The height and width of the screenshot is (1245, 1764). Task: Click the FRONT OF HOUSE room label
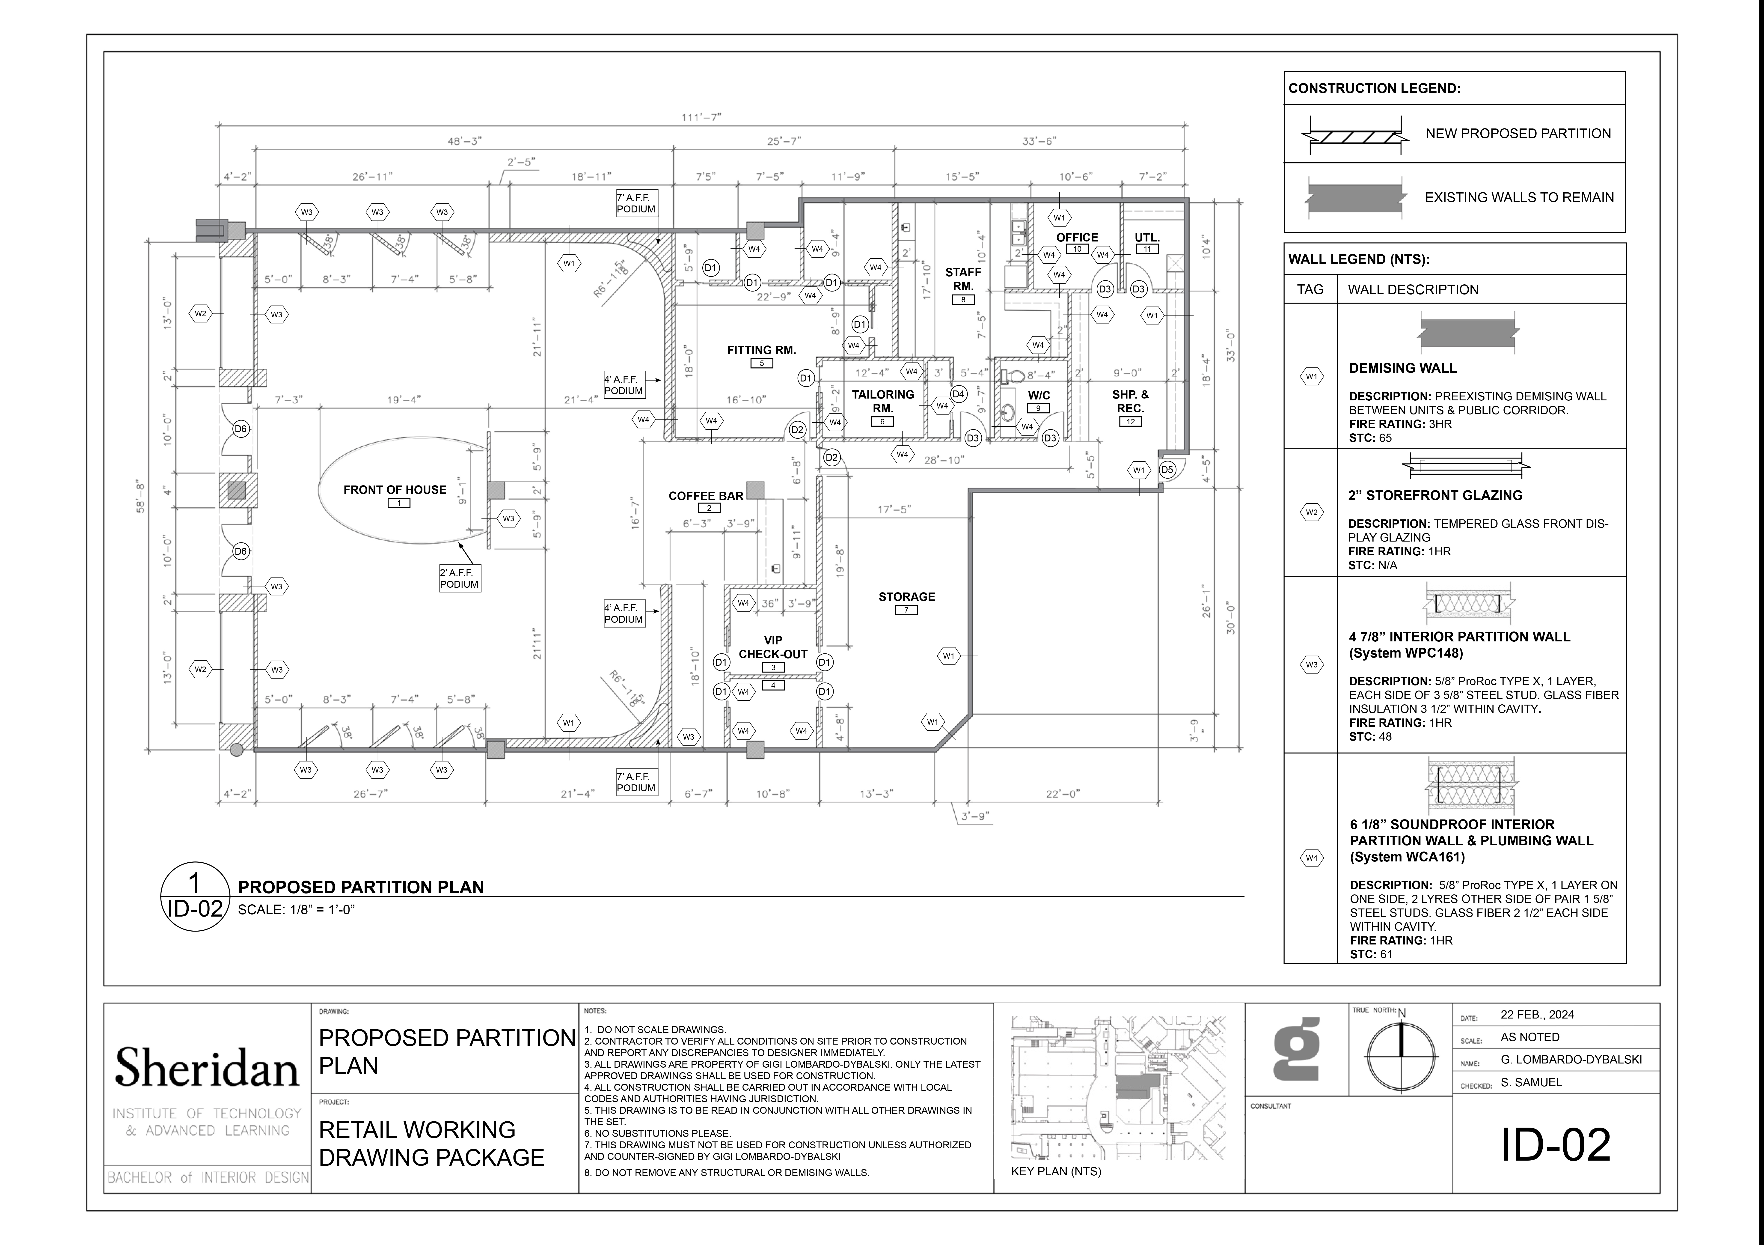pos(395,490)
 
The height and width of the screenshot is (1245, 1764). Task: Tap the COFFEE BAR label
pos(706,496)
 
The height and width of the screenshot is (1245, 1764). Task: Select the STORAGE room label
pos(907,596)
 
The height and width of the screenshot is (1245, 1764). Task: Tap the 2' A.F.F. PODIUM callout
pos(459,578)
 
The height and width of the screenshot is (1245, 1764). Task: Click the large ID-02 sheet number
pos(1556,1145)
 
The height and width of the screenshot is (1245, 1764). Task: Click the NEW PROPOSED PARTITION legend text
pos(1518,134)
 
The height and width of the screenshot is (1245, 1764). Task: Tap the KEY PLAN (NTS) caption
pos(1056,1171)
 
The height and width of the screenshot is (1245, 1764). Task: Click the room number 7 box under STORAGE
pos(906,610)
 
